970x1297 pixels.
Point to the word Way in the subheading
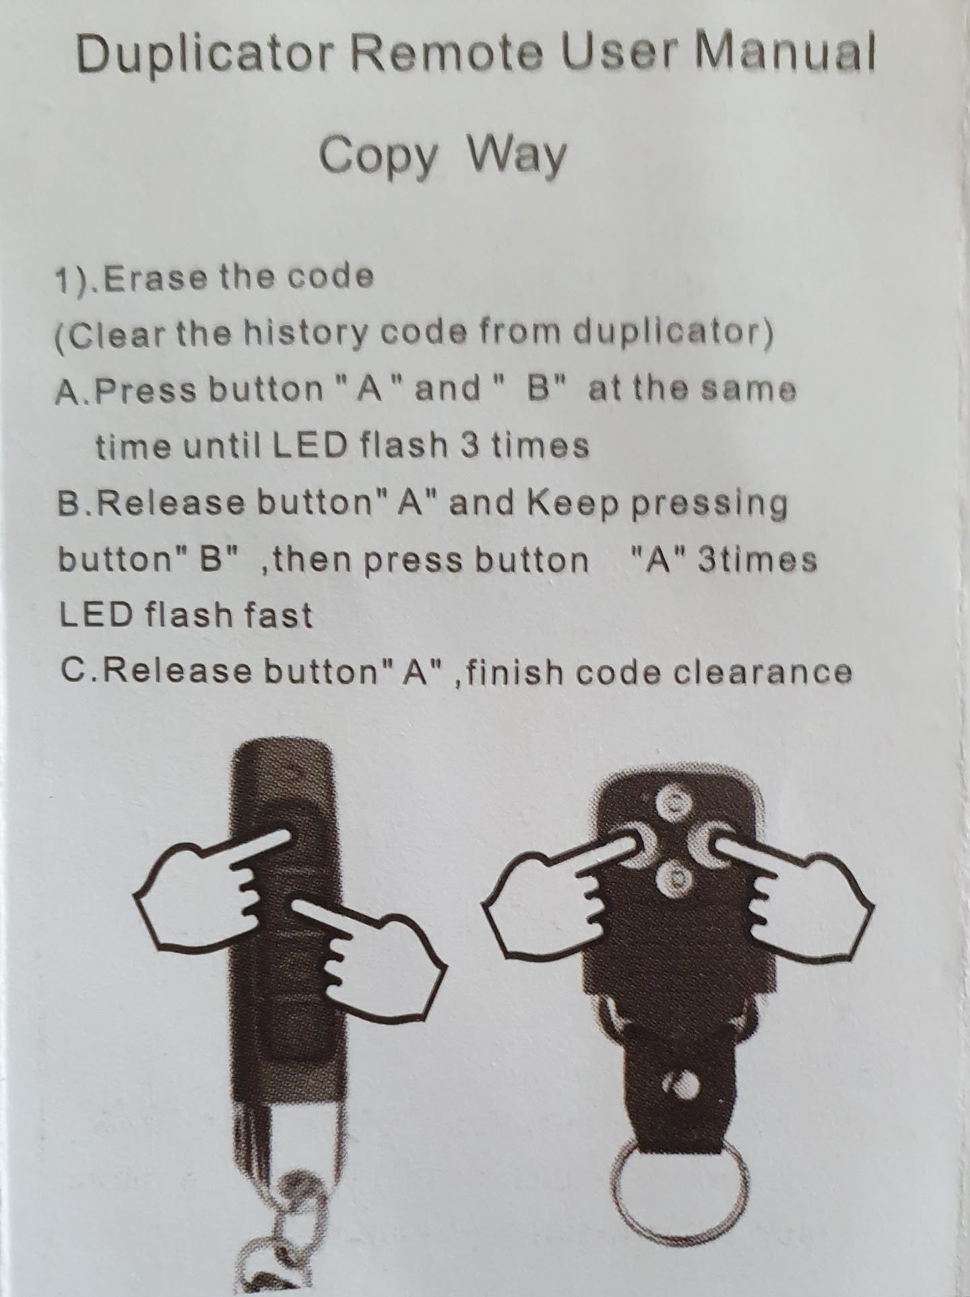[517, 157]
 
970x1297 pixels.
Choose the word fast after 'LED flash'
[279, 615]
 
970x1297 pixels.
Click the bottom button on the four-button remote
[674, 878]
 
